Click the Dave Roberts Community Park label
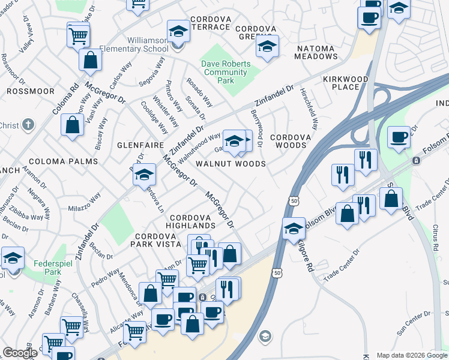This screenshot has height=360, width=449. point(224,73)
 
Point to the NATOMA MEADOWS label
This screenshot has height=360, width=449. point(316,56)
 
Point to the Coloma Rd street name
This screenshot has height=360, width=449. point(74,98)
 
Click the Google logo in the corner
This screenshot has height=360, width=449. point(20,353)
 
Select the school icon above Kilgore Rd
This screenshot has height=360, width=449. point(294,229)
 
